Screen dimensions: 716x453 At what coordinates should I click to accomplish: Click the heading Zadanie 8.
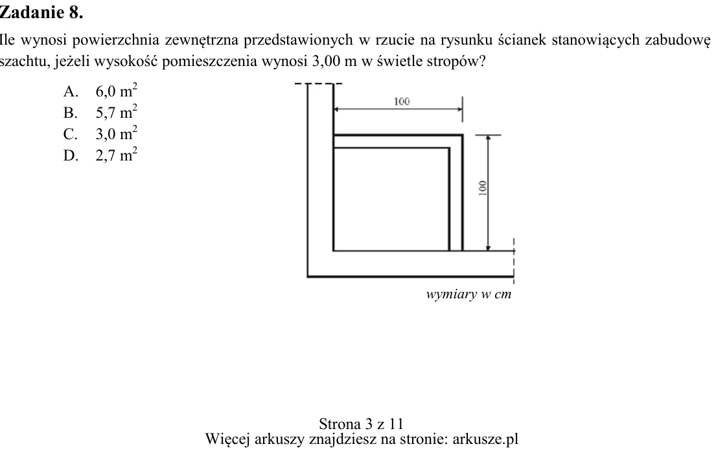[41, 12]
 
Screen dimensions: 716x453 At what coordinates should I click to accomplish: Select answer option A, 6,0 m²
[100, 91]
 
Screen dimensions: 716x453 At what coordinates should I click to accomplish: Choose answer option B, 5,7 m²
[100, 112]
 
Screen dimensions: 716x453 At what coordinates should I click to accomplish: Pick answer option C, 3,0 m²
[100, 133]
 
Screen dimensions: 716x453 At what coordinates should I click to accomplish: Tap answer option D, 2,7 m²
[100, 155]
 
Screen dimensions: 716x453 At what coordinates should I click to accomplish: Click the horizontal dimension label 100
[402, 101]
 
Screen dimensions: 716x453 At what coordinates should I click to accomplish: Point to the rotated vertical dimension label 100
[482, 188]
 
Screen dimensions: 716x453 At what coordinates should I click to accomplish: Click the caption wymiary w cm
[468, 294]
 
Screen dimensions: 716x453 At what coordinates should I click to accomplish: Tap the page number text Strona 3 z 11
[361, 424]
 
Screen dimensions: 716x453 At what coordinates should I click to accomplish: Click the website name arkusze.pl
[485, 439]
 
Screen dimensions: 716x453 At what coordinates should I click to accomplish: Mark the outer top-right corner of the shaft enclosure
[463, 135]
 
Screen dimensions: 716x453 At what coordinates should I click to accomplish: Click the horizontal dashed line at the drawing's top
[319, 84]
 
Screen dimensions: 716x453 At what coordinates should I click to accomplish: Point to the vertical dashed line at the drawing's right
[514, 260]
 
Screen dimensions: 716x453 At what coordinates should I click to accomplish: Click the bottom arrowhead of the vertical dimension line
[488, 248]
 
